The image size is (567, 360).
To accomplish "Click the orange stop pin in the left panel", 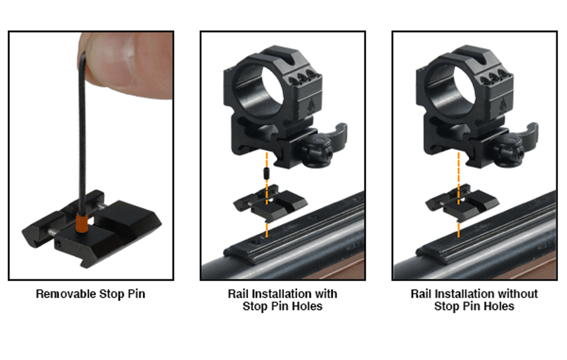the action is pyautogui.click(x=82, y=223).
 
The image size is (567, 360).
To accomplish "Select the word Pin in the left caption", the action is pyautogui.click(x=137, y=294).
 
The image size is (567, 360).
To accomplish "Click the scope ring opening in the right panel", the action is pyautogui.click(x=453, y=88).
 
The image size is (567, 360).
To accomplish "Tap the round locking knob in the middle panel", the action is pyautogui.click(x=318, y=151).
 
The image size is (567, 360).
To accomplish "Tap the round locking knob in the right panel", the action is pyautogui.click(x=509, y=151).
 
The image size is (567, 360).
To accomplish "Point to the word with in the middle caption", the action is pyautogui.click(x=326, y=294).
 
